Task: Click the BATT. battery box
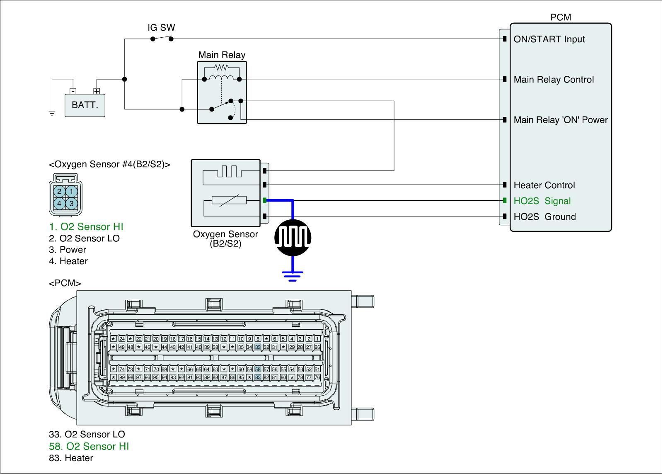point(85,105)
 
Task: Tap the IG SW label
point(161,28)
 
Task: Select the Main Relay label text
point(222,55)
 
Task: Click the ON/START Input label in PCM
point(549,39)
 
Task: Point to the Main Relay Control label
point(554,80)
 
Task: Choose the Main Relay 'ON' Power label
point(560,120)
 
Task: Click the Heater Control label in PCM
point(544,185)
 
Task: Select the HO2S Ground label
point(544,217)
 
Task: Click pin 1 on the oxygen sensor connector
point(72,192)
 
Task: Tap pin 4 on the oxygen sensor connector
point(60,204)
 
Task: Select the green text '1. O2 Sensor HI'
point(86,227)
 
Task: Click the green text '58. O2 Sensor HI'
point(89,446)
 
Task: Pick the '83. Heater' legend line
point(71,458)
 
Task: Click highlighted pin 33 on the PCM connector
point(258,347)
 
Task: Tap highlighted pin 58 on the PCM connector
point(258,369)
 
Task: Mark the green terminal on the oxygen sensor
point(264,201)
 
